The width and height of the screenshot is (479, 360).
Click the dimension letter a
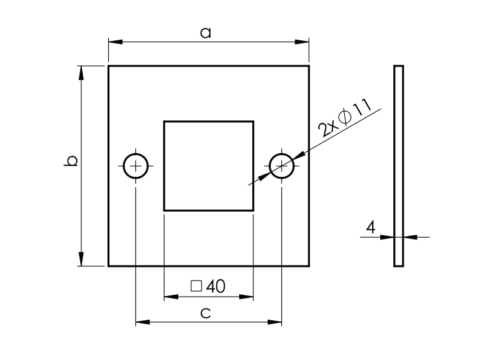pyautogui.click(x=205, y=34)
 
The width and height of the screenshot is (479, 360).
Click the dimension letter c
pyautogui.click(x=206, y=314)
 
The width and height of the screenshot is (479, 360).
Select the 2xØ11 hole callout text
pyautogui.click(x=344, y=118)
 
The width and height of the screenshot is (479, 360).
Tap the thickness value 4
pyautogui.click(x=370, y=228)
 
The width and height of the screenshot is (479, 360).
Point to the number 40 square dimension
pyautogui.click(x=216, y=286)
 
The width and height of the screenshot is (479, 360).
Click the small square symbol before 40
pyautogui.click(x=196, y=286)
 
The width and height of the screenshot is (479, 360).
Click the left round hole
pyautogui.click(x=135, y=166)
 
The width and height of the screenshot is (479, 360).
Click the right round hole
pyautogui.click(x=282, y=166)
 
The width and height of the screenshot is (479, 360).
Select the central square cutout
pyautogui.click(x=209, y=166)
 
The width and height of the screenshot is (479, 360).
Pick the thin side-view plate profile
pyautogui.click(x=398, y=166)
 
